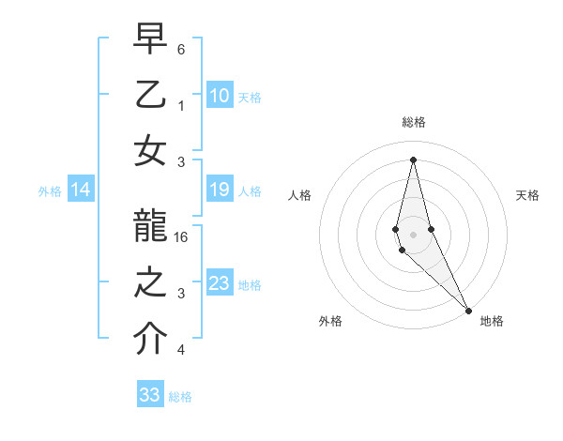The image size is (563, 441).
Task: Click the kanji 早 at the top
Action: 151,42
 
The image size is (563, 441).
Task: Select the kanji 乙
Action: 151,95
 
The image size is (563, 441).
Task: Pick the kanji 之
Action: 151,282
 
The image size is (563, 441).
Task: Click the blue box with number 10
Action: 220,95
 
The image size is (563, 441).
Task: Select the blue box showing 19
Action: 220,190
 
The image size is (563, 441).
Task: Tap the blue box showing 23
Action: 220,283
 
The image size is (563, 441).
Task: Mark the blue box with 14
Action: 80,190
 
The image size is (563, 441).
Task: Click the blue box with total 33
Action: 149,395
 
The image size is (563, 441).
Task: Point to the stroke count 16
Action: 182,237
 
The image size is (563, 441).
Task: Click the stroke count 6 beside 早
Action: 181,49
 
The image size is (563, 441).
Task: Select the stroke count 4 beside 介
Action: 181,349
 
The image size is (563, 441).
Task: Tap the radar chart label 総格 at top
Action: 414,122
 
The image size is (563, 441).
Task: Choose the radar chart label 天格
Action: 528,195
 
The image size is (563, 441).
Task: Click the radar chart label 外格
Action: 330,321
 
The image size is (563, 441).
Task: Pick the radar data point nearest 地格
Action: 468,310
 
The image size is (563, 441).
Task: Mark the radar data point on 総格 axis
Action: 413,159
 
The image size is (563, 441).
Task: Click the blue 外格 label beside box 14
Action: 50,191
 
